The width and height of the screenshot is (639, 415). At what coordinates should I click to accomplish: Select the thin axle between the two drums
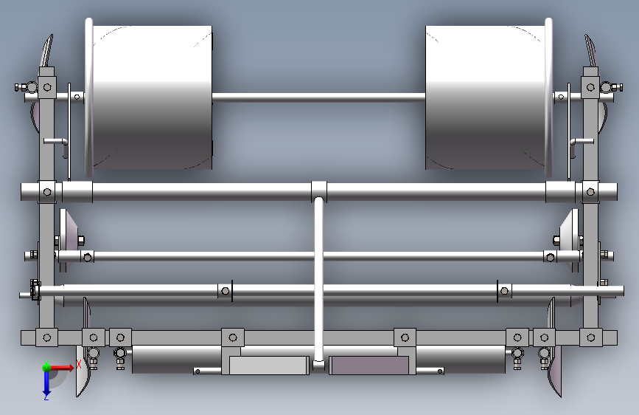pyautogui.click(x=318, y=97)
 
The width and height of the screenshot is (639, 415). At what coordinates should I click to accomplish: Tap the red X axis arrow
pyautogui.click(x=61, y=368)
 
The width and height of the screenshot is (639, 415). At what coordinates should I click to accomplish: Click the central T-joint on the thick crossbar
pyautogui.click(x=318, y=191)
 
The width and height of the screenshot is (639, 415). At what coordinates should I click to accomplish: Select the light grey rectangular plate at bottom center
pyautogui.click(x=269, y=366)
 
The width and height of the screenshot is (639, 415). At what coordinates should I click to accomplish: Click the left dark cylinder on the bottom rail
pyautogui.click(x=177, y=359)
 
